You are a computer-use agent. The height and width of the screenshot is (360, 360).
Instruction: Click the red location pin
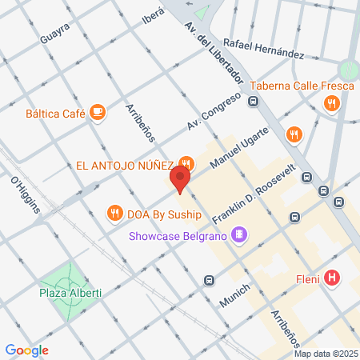[x=182, y=179]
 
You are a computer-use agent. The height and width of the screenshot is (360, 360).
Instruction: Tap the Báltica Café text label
[x=55, y=113]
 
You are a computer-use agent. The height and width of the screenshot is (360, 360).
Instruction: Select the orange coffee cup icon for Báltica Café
[x=98, y=112]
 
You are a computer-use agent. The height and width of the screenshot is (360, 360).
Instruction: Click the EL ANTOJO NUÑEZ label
[x=124, y=166]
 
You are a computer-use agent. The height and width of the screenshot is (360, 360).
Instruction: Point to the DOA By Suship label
[x=161, y=213]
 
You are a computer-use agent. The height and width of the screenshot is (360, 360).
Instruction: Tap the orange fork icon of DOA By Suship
[x=116, y=213]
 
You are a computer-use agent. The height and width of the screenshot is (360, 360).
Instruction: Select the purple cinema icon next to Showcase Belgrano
[x=238, y=234]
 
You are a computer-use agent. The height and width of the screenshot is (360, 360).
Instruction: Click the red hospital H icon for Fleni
[x=333, y=278]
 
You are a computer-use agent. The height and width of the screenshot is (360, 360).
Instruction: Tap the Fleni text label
[x=308, y=278]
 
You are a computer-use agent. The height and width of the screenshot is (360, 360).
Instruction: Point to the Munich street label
[x=235, y=296]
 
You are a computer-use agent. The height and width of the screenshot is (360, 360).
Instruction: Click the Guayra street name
[x=54, y=35]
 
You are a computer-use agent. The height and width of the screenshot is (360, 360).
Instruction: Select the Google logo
[x=26, y=350]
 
